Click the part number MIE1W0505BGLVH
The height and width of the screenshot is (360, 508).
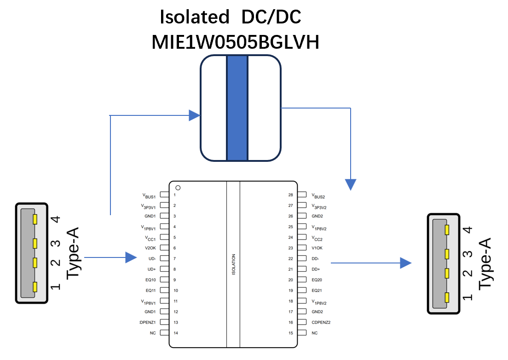(236, 42)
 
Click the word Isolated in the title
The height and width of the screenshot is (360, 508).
(194, 17)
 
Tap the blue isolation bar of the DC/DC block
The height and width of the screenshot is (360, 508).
(237, 108)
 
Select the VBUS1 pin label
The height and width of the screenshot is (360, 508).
(149, 196)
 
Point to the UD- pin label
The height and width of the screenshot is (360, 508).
(152, 259)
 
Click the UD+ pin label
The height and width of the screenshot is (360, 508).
(152, 269)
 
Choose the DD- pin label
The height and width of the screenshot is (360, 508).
(315, 259)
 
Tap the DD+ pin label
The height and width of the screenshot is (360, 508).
(316, 269)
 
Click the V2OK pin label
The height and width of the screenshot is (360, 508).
(150, 248)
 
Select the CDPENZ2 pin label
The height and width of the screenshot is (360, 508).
(321, 322)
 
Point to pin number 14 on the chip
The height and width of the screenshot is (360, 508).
(176, 333)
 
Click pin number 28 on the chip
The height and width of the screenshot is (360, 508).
(291, 195)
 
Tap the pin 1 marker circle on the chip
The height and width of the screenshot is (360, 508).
(178, 188)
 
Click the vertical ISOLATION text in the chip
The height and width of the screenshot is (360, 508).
(234, 264)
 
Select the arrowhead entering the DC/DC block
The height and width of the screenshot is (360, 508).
(194, 115)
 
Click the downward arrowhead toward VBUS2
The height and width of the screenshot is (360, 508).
(351, 184)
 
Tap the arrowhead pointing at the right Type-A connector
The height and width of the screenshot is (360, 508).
(406, 263)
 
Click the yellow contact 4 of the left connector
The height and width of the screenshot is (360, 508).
(35, 219)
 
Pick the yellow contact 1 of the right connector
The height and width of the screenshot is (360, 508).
(447, 297)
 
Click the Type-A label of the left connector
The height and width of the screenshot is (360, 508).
(73, 253)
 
